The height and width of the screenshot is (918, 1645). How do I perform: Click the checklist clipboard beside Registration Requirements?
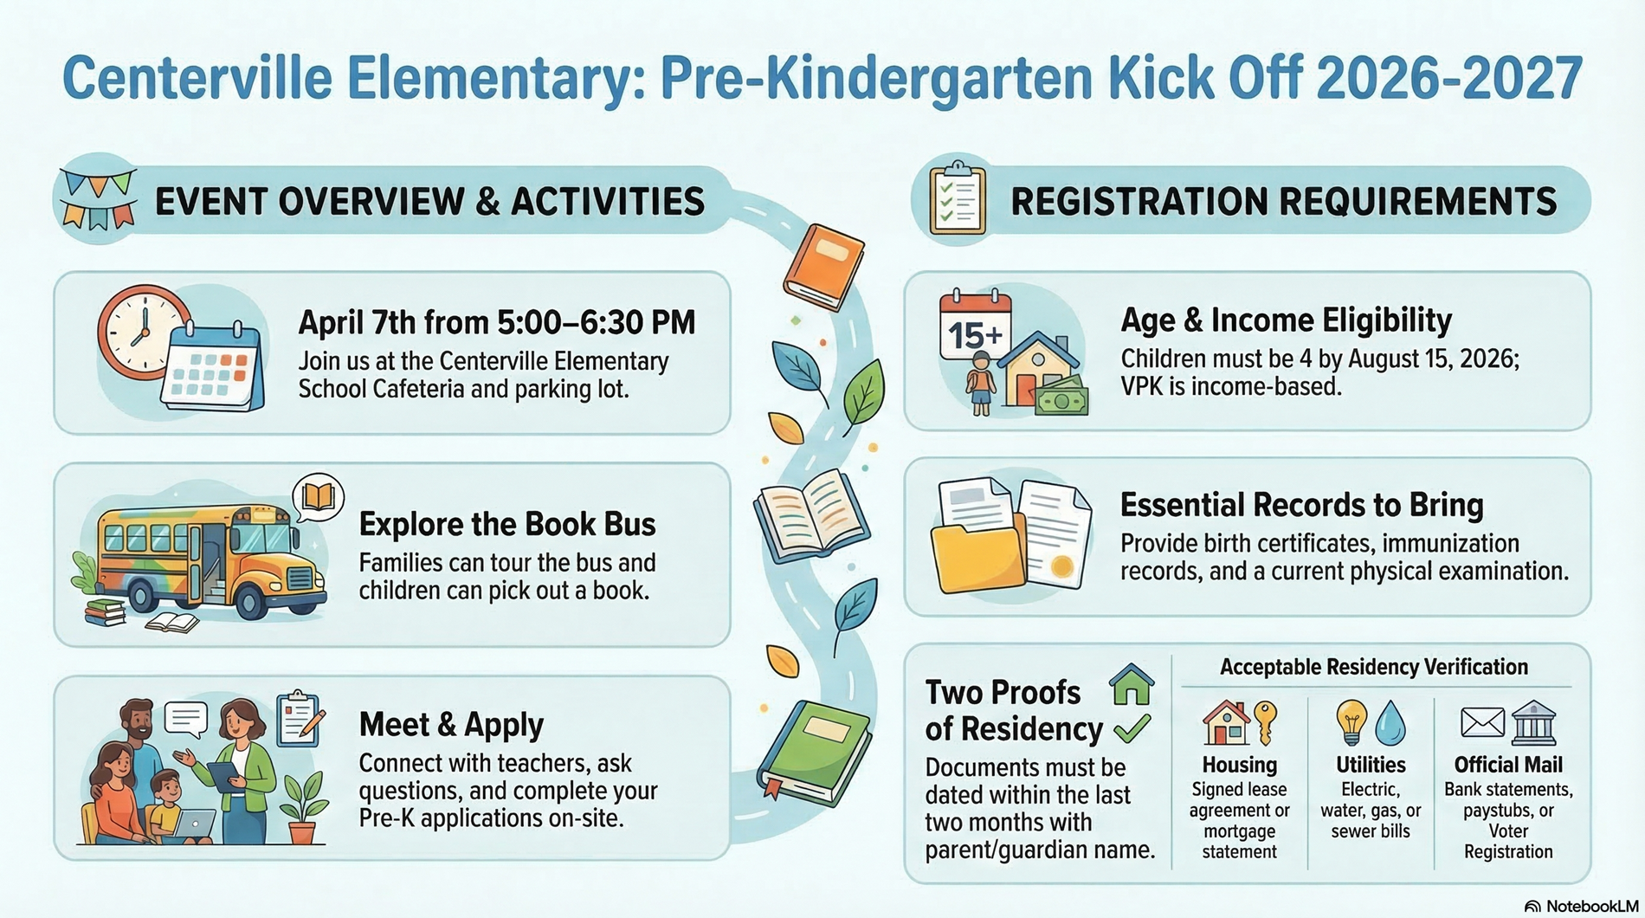(x=957, y=200)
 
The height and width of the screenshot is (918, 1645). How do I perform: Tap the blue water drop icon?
(x=1390, y=722)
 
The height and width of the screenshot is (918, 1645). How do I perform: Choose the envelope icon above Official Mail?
(x=1482, y=722)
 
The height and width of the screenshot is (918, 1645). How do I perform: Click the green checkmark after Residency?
(x=1132, y=729)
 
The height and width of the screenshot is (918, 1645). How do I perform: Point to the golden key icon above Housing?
(x=1266, y=722)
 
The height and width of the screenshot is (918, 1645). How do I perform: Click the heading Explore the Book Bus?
(x=506, y=525)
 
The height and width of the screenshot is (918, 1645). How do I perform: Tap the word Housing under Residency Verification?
(x=1239, y=766)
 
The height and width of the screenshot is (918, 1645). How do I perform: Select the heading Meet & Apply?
(x=451, y=725)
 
